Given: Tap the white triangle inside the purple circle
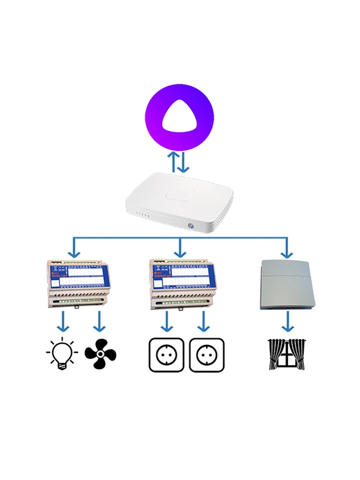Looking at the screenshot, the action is (180, 118).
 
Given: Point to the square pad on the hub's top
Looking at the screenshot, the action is (179, 194).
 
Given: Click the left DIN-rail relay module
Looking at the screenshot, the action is (77, 284).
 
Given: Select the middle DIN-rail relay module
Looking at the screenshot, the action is (180, 284).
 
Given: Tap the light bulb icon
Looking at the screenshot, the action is (62, 355).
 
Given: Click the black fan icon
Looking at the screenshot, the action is (100, 354).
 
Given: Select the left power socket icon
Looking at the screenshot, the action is (167, 355).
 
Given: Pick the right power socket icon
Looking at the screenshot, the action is (207, 355).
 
